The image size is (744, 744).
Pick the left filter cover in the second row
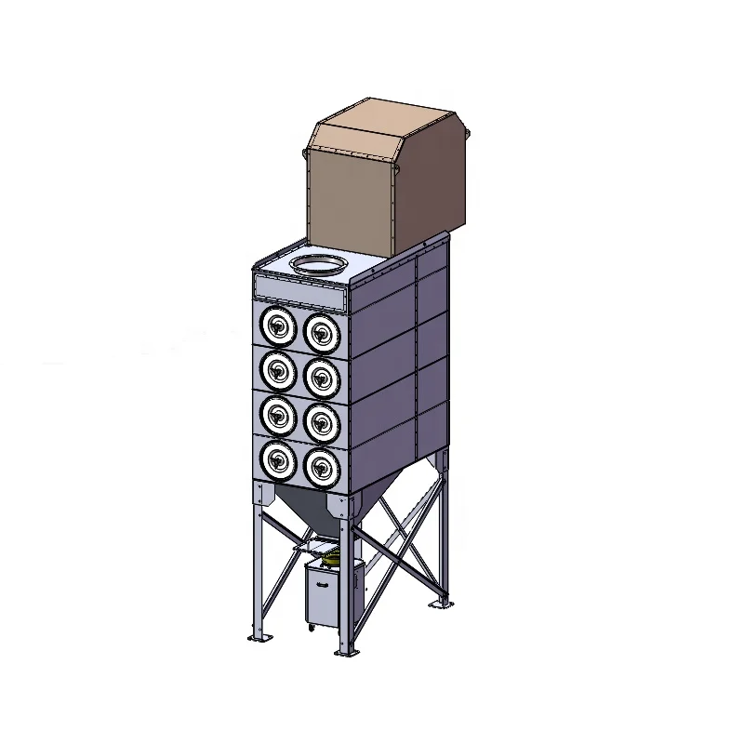[x=276, y=371]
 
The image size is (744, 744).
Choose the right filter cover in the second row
[x=321, y=375]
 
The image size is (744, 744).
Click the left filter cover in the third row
[x=276, y=416]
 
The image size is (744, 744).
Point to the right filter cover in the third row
[x=321, y=421]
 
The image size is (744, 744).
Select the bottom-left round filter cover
[x=276, y=458]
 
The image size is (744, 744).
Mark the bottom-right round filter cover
[x=321, y=464]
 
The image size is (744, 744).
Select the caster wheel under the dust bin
[x=310, y=631]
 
